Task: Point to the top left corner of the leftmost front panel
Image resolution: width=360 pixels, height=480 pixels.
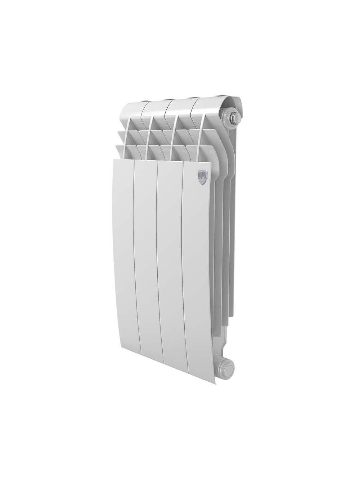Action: tap(114, 159)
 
